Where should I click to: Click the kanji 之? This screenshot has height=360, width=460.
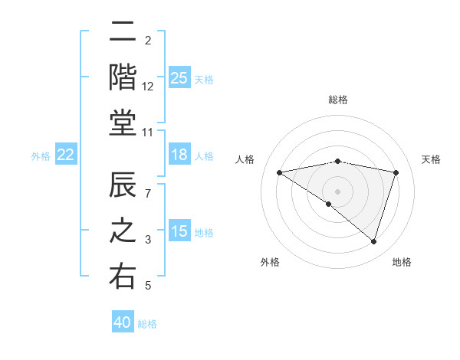pos(123,231)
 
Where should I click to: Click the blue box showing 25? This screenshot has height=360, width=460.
pos(179,77)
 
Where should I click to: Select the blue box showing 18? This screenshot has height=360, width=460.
pos(179,155)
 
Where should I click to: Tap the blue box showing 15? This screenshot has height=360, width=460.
pos(179,231)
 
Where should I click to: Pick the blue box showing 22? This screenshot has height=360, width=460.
pos(66,155)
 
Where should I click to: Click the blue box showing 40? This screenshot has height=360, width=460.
pos(123,322)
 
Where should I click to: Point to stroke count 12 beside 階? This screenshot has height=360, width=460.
pos(148,86)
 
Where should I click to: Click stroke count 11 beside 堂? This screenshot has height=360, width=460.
pos(148,133)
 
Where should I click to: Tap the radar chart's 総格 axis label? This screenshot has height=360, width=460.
pos(338,100)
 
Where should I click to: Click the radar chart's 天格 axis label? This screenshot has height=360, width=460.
pos(432,159)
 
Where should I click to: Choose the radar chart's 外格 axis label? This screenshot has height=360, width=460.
pos(270,262)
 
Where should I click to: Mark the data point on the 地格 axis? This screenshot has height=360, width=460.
pos(374,242)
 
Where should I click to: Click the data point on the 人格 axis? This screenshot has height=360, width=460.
pos(279,172)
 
